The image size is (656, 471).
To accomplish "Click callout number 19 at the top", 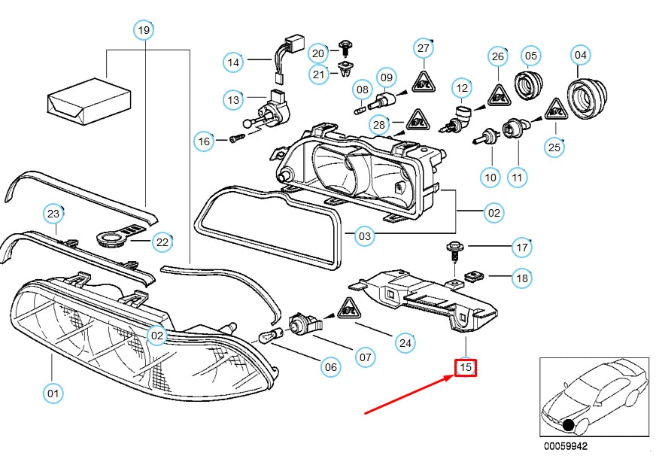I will [143, 31].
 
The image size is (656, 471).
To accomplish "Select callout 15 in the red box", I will [466, 367].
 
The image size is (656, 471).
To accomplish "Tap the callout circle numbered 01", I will [52, 392].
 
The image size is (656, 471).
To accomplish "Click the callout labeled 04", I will [580, 55].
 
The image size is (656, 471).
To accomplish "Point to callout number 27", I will [424, 48].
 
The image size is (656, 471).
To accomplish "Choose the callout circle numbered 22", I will [162, 242].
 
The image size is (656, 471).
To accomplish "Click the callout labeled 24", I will [405, 344].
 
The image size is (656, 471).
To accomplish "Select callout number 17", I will [521, 246].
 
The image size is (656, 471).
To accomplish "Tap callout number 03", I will [364, 236].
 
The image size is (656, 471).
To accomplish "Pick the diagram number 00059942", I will [565, 445].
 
